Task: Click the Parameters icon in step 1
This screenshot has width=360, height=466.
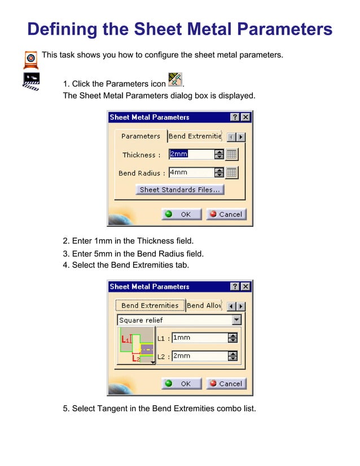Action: coord(175,80)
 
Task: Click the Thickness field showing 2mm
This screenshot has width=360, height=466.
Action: coord(191,154)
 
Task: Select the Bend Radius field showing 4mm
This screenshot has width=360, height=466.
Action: coord(191,173)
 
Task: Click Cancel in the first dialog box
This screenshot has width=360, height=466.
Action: coord(226,214)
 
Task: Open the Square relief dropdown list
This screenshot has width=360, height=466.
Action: coord(236,320)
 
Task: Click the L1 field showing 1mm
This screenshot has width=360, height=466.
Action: coord(199,338)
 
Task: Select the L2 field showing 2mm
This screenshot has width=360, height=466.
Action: coord(199,356)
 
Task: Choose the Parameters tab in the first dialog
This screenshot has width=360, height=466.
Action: coord(141,136)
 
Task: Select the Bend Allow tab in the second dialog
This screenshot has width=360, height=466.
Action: coord(204,306)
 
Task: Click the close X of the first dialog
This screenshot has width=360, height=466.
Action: coord(245,117)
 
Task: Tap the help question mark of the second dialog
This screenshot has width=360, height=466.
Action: coord(235,287)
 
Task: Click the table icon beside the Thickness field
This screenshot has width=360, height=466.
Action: coord(232,155)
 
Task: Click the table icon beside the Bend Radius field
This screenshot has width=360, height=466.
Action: coord(232,173)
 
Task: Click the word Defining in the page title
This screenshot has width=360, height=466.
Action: coord(62,29)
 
